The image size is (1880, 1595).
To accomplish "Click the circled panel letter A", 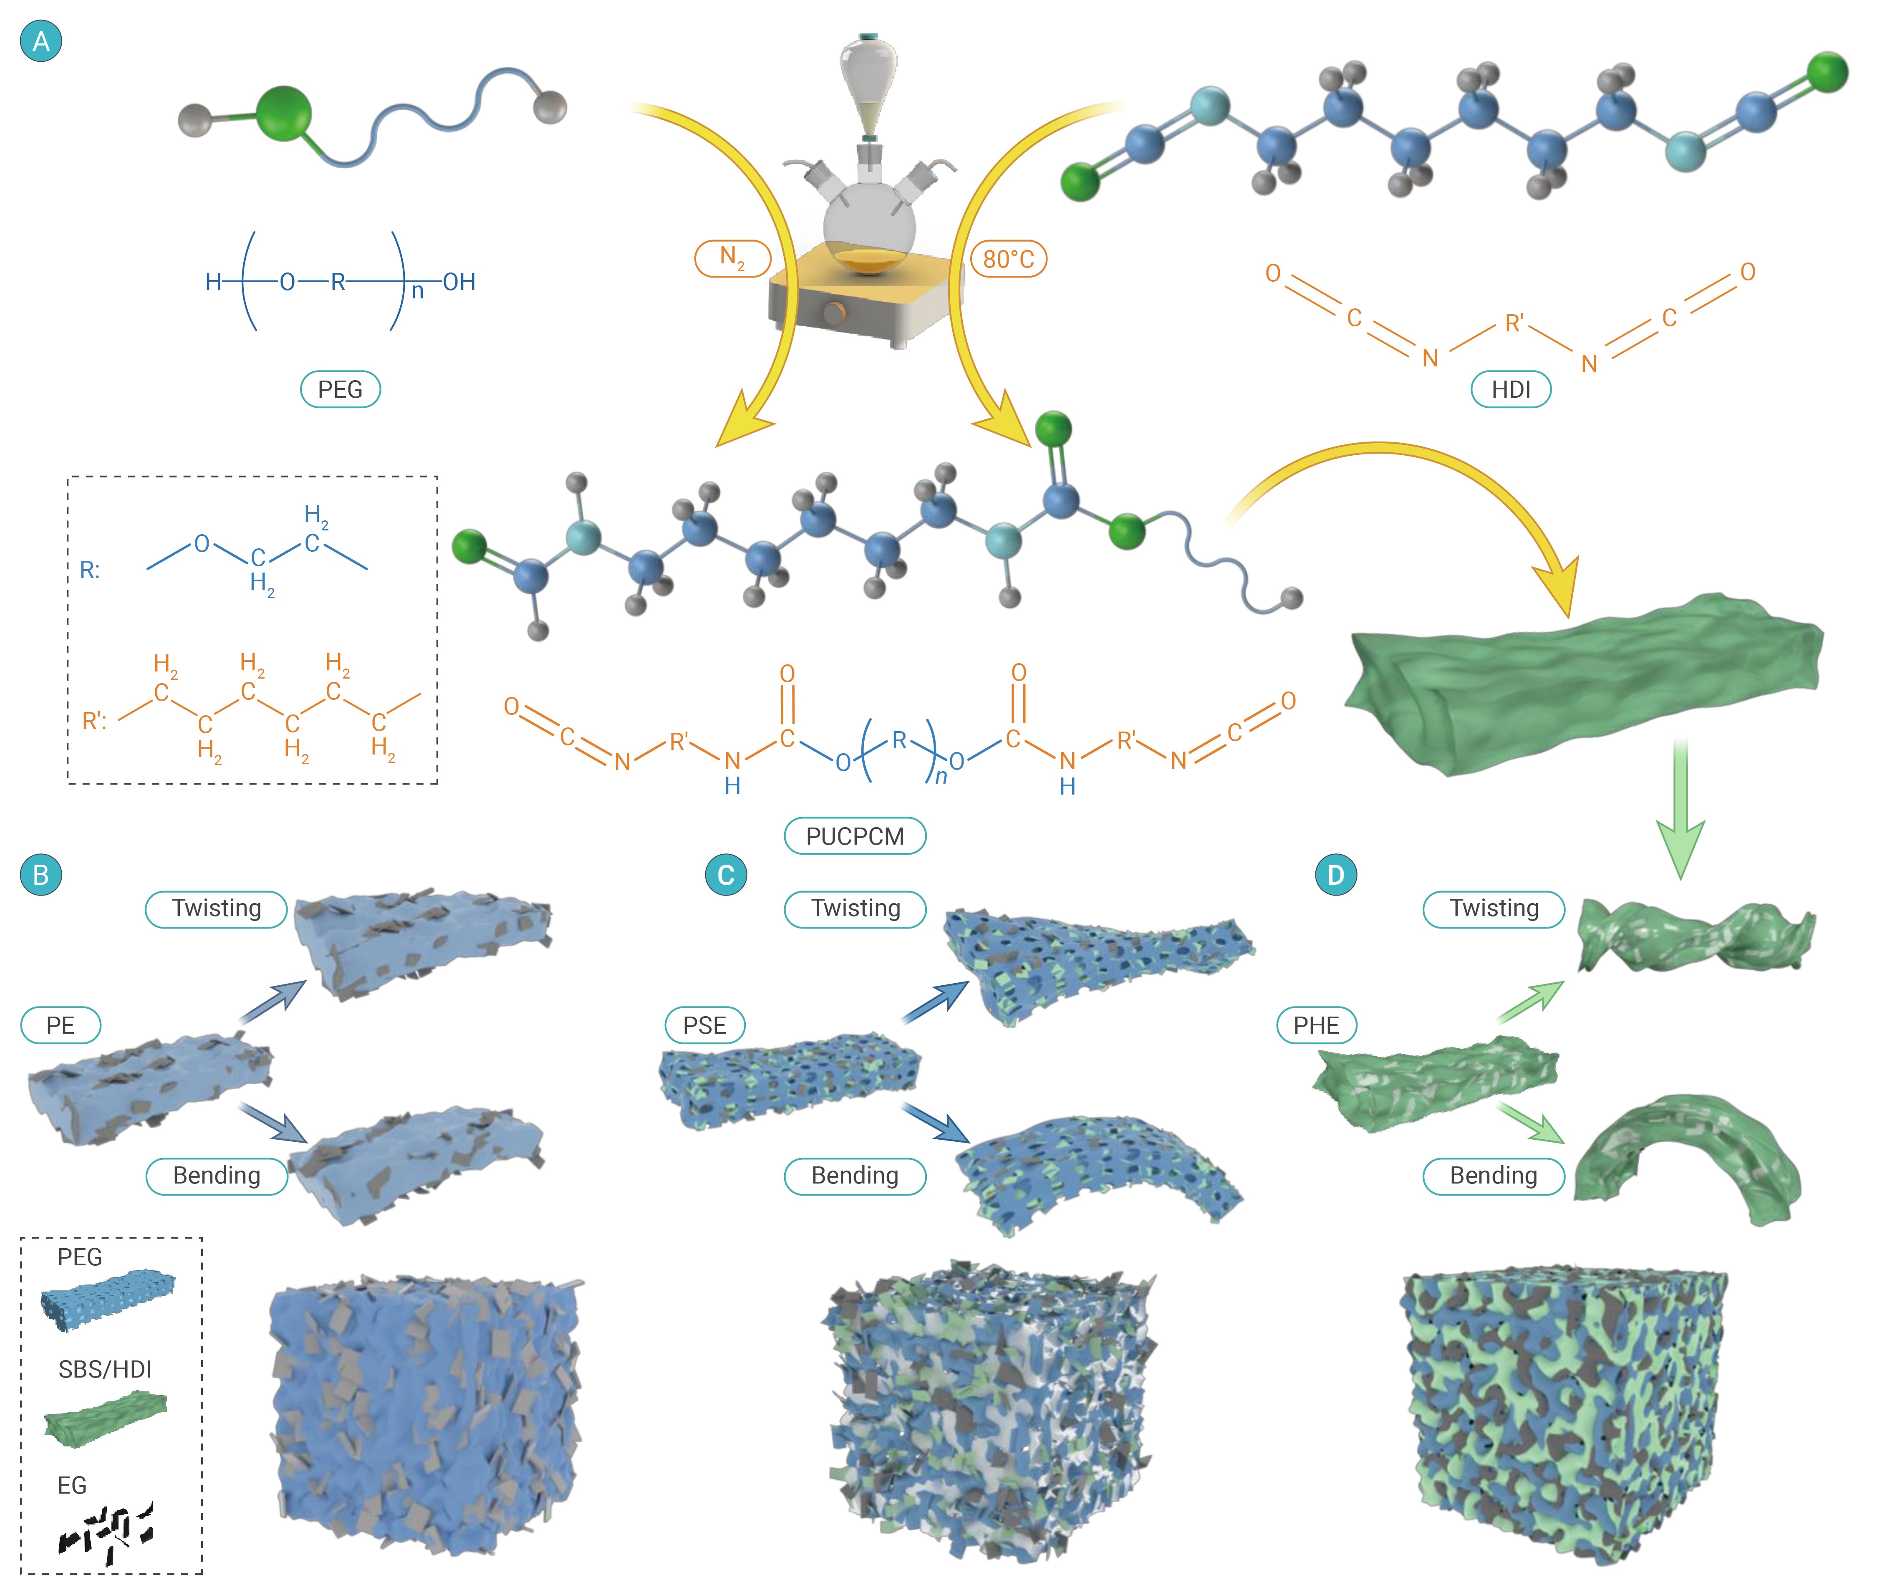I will [x=41, y=42].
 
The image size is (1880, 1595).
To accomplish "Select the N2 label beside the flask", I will [x=732, y=259].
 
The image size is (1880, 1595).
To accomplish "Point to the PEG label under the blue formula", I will [x=340, y=390].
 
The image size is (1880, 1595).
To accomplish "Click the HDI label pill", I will [x=1510, y=390].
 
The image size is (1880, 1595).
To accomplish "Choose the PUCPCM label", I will [x=855, y=836].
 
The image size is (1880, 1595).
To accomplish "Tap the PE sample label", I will [x=61, y=1025].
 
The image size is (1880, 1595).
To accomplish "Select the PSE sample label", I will [x=704, y=1025].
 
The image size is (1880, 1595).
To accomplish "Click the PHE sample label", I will [x=1316, y=1025].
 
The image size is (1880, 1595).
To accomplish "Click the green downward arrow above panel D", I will [x=1680, y=814].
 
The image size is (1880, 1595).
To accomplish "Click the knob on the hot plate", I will [x=834, y=314].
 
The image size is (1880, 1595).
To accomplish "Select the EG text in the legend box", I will [x=72, y=1486].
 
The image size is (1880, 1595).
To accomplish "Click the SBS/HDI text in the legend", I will [x=105, y=1369].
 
